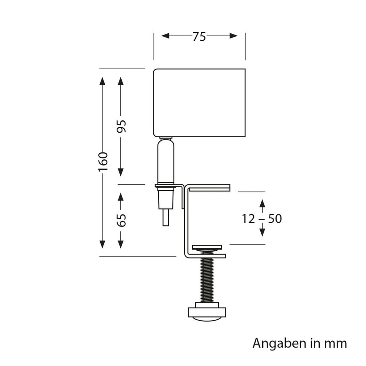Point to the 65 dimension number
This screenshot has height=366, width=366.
pos(121,220)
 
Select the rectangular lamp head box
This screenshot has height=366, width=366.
pos(199,102)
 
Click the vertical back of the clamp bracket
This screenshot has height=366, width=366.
pos(185,220)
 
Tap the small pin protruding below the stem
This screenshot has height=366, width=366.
pos(165,217)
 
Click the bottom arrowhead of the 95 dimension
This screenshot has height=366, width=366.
pos(121,172)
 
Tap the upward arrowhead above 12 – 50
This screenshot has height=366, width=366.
pos(261,204)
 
